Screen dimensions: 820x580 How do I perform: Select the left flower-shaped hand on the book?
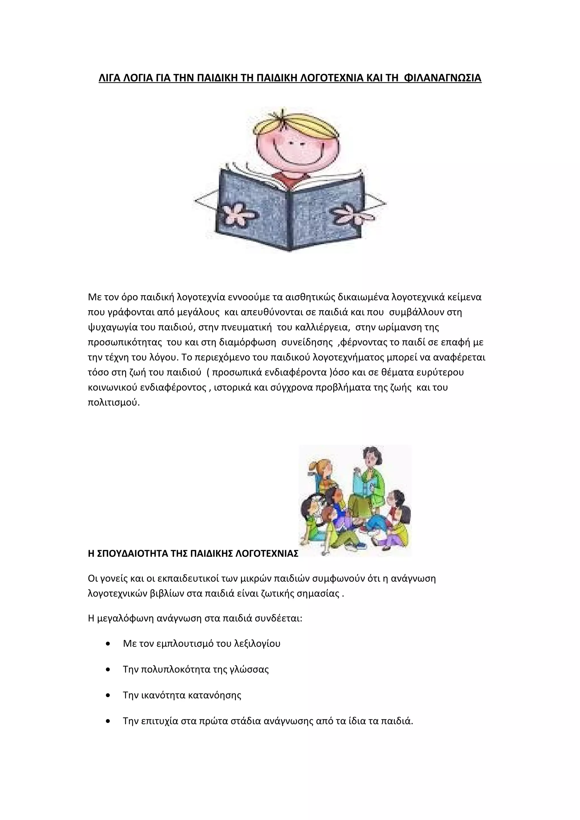237,214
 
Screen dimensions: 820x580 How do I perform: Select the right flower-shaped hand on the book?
352,214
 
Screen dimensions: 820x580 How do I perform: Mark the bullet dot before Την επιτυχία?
108,721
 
